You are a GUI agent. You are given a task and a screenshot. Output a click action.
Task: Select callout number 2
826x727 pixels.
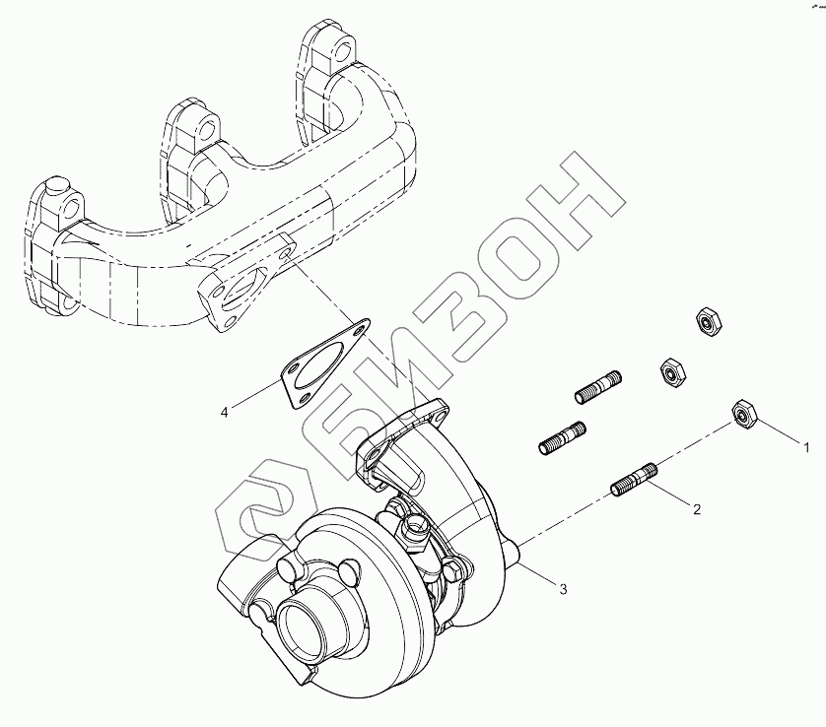click(697, 509)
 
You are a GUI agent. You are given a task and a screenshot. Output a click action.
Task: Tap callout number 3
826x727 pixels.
click(563, 589)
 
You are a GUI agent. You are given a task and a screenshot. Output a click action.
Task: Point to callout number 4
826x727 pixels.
click(225, 412)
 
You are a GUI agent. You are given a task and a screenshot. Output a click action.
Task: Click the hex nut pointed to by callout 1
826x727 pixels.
click(743, 415)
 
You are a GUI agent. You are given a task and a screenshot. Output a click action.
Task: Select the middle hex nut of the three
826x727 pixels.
click(670, 370)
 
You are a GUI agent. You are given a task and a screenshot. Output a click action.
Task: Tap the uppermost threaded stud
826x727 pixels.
click(598, 386)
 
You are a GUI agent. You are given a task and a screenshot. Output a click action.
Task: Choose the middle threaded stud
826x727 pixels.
click(564, 438)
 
